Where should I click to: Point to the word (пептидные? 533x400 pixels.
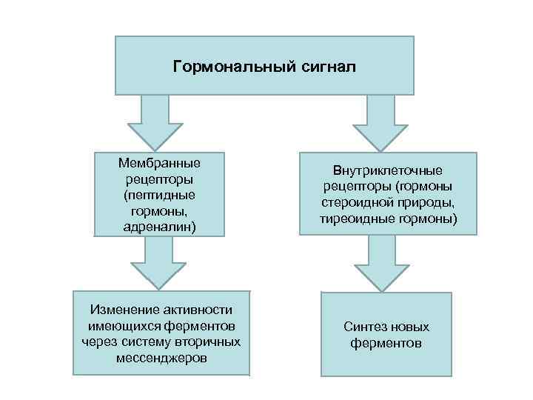[x=159, y=195]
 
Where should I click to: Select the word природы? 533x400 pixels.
[x=426, y=202]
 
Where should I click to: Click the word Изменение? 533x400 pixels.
[x=124, y=310]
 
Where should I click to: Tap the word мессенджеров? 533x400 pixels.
[x=161, y=358]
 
